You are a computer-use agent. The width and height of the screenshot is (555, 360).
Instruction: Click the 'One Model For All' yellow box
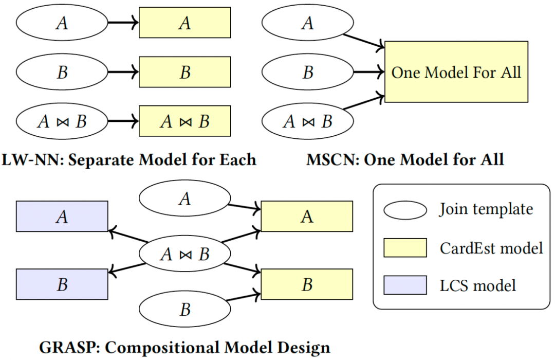pos(456,72)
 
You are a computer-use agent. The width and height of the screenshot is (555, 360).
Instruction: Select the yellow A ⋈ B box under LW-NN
pos(185,121)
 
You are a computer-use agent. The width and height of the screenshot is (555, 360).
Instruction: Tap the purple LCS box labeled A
pos(62,217)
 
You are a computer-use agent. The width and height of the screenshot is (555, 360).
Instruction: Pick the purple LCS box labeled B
pos(62,284)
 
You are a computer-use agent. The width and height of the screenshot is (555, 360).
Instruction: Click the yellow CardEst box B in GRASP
pos(307,284)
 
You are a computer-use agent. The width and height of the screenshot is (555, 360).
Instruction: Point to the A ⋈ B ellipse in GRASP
pos(185,254)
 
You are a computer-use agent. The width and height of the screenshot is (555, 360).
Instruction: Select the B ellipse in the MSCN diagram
pos(308,72)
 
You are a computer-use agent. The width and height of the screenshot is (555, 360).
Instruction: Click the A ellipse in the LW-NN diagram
pos(62,22)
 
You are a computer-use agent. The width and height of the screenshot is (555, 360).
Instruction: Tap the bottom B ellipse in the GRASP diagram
pos(185,309)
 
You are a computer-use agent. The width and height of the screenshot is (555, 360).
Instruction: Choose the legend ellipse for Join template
pos(405,210)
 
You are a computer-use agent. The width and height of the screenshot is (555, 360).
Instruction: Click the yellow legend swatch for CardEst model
pos(405,247)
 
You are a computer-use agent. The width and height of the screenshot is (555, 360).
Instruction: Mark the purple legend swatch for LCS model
pos(405,285)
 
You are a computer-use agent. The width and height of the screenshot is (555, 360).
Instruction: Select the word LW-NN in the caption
pos(32,159)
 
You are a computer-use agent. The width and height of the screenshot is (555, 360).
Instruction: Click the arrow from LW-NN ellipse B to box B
pos(123,72)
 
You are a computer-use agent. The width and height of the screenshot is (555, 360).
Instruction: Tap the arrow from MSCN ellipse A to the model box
pos(364,41)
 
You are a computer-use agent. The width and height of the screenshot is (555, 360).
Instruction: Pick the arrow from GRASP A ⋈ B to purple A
pos(128,237)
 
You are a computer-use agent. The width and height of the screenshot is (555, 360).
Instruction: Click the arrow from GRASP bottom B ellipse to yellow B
pos(244,297)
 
